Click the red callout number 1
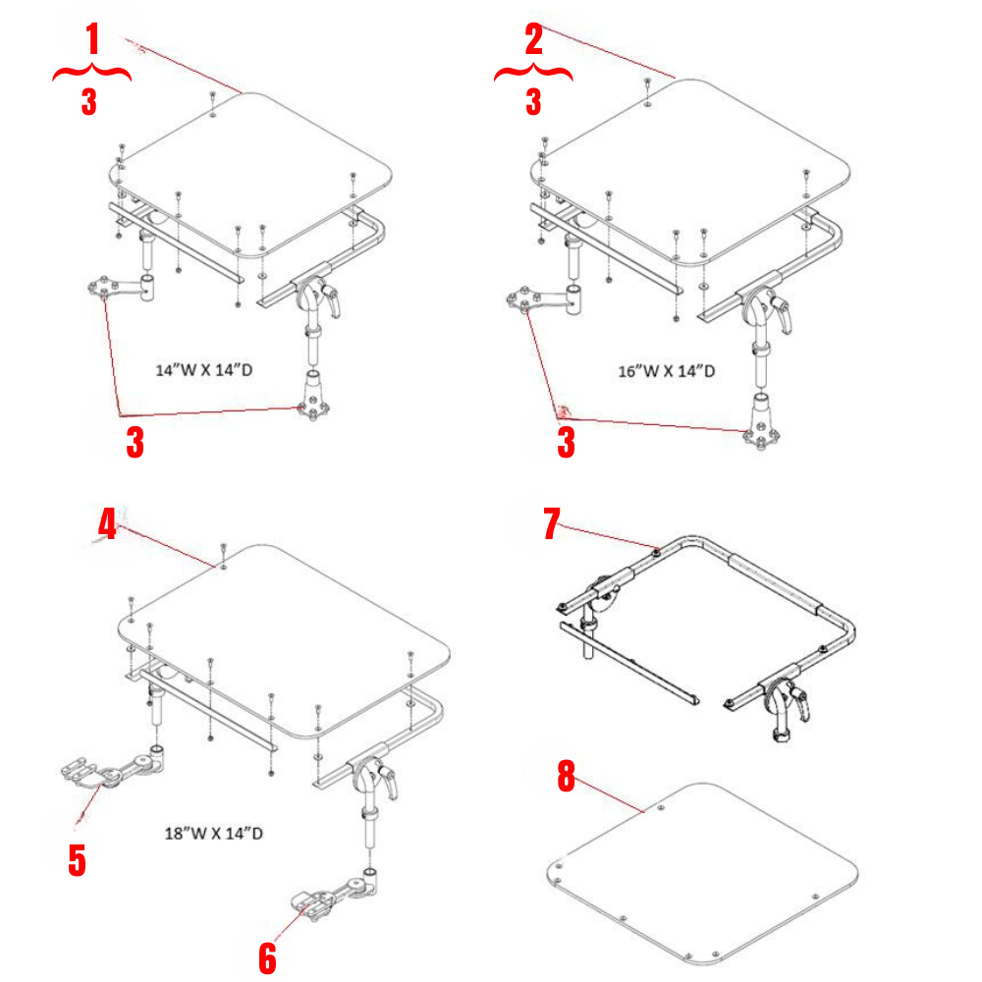[92, 41]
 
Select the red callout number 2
[533, 41]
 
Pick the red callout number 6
[267, 957]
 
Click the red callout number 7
[552, 524]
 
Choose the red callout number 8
[566, 776]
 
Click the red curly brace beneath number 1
[91, 73]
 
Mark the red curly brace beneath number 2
[533, 73]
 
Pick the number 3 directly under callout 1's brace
[89, 101]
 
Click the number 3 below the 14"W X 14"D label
[135, 443]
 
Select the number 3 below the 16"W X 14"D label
[566, 443]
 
